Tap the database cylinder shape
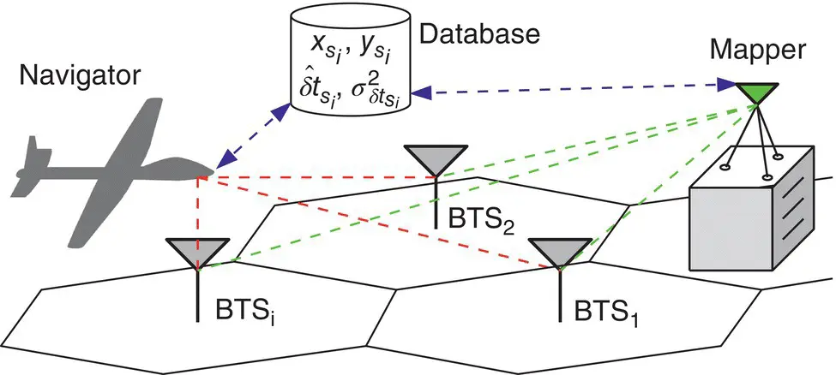[x=350, y=64]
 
